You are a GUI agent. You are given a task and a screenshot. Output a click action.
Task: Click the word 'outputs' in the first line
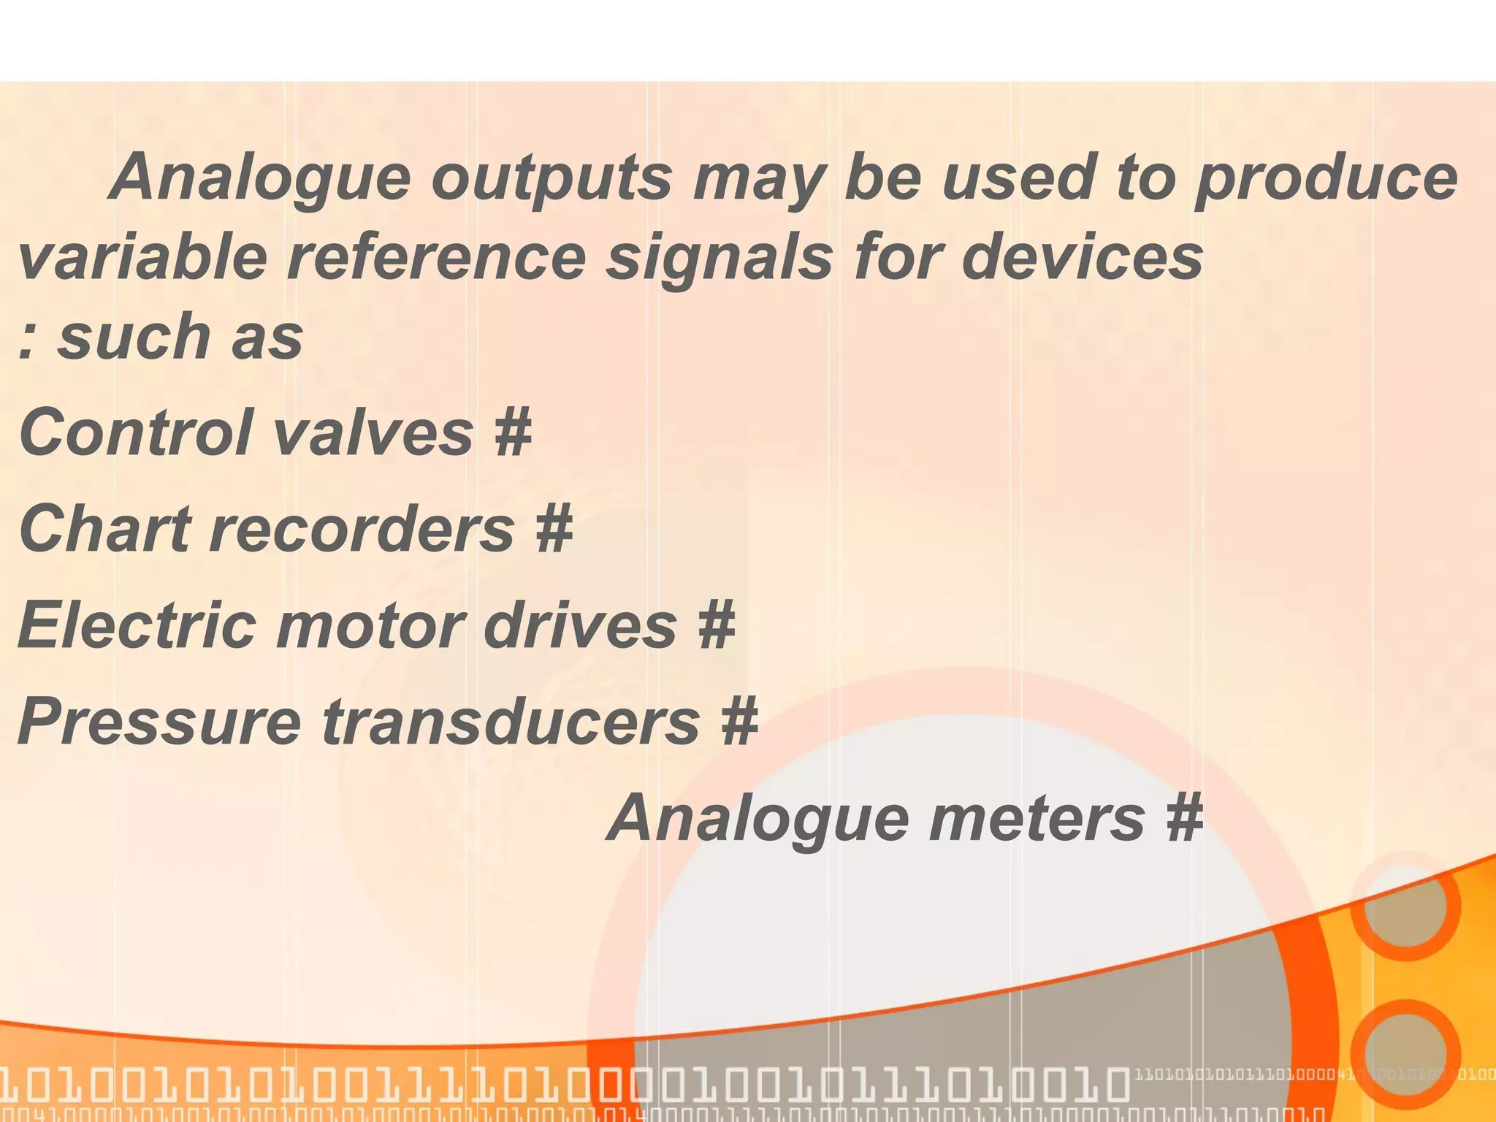coord(552,179)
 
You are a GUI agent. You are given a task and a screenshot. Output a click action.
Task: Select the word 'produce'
coord(1326,179)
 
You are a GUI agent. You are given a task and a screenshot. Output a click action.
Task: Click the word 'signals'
coord(720,260)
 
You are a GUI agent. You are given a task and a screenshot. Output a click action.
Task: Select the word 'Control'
coord(136,432)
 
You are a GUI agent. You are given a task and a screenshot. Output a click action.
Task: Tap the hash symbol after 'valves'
coord(512,432)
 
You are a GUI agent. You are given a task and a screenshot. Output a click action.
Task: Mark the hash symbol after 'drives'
coord(716,625)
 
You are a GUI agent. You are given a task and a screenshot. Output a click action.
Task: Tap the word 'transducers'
coord(511,722)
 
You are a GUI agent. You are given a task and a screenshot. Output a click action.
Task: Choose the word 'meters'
coord(1037,818)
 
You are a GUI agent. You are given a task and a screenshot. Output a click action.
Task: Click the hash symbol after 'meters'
coord(1184,818)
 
